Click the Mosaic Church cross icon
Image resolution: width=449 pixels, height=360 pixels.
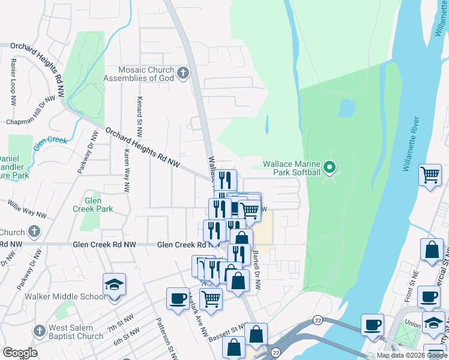[183, 74]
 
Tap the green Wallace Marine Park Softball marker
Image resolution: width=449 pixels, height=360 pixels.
[329, 167]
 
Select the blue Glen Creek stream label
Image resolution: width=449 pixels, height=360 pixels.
[49, 140]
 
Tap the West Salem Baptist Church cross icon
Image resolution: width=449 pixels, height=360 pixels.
[39, 331]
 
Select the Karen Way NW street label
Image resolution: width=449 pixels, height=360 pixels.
[126, 170]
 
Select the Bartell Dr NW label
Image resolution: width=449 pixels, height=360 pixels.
[256, 270]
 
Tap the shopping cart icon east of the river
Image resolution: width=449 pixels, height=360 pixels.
[430, 175]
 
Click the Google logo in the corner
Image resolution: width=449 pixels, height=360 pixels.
[20, 353]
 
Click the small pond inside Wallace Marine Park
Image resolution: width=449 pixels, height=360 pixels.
[346, 108]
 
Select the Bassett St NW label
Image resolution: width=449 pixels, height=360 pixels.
[228, 332]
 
